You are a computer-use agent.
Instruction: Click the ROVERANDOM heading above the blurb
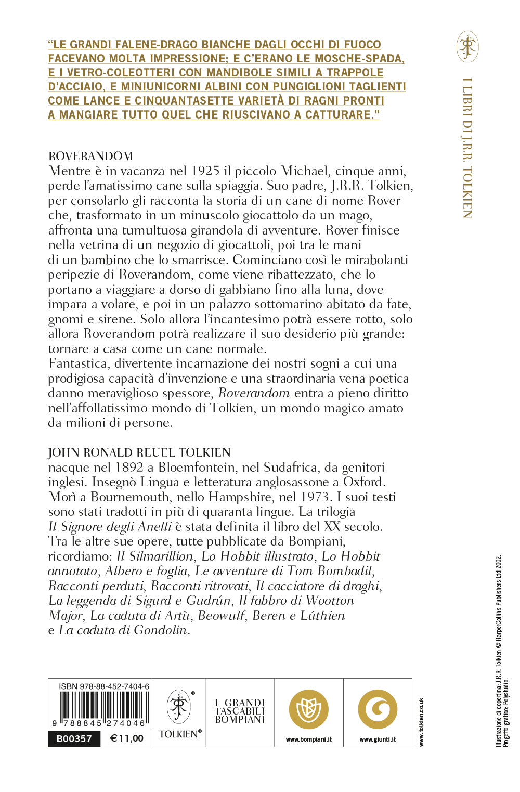90,156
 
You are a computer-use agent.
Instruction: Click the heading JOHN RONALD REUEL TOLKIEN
139,452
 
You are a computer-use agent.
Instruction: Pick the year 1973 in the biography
314,497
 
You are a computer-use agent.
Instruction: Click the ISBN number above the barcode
104,686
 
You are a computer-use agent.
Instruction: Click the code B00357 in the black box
74,739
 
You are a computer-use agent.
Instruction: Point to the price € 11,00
127,739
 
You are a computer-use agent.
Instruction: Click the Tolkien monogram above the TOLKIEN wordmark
179,706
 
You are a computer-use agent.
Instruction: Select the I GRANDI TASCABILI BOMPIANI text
240,711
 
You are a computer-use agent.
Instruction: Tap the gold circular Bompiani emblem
309,709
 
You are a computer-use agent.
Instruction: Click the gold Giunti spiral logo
378,709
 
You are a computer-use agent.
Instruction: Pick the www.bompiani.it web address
309,739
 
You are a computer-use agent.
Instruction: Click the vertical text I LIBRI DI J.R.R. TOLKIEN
467,148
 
